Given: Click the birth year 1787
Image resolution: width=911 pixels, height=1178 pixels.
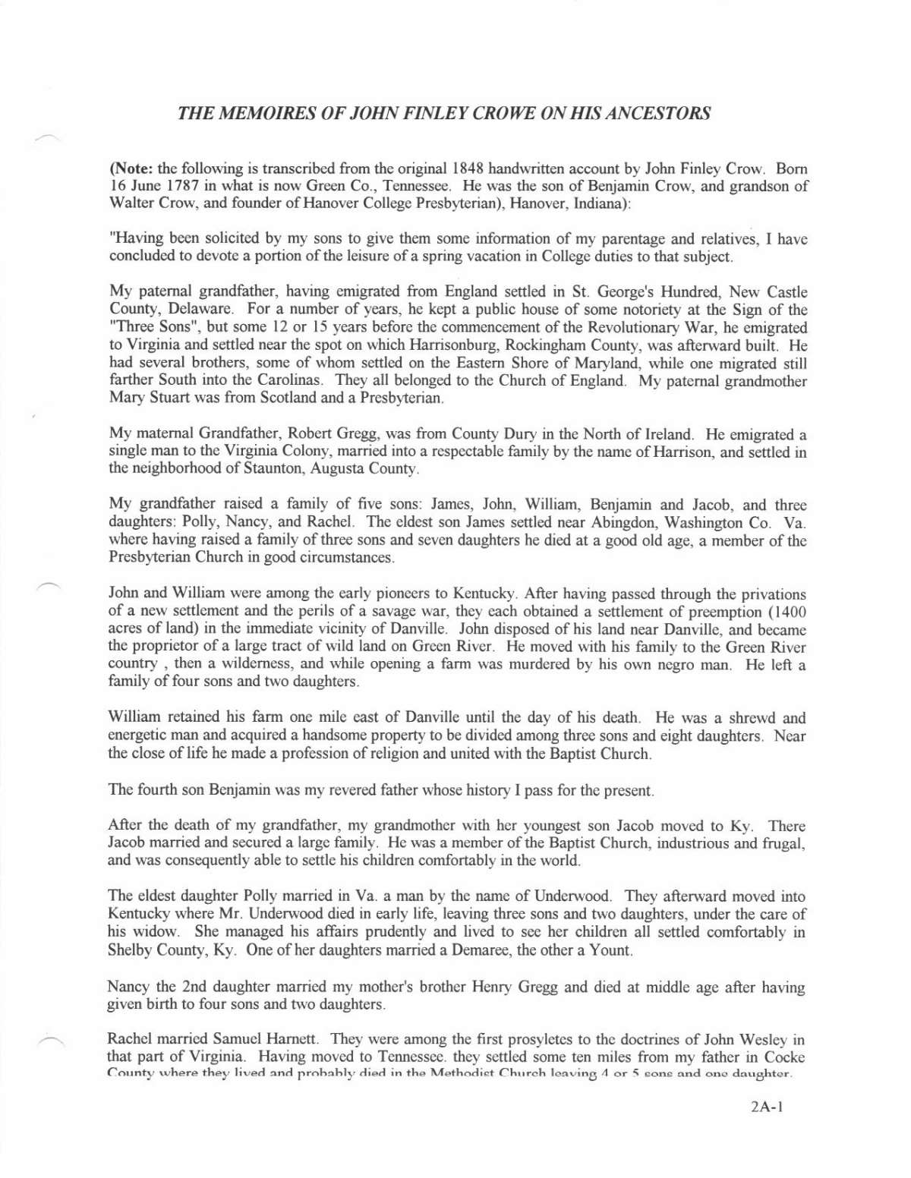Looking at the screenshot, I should pyautogui.click(x=175, y=186).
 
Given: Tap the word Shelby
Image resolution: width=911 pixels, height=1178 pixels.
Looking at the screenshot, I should pyautogui.click(x=130, y=950).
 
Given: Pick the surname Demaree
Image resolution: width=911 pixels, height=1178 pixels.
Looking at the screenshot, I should pyautogui.click(x=478, y=950).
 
